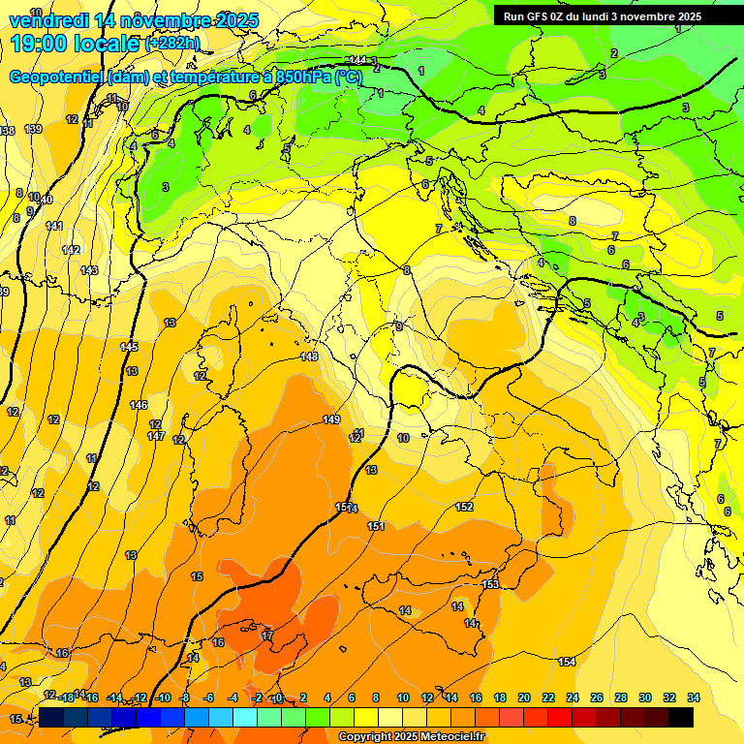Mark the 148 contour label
[309, 356]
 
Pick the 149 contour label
[331, 419]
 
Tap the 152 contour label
[464, 507]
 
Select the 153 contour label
[490, 584]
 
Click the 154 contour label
[567, 662]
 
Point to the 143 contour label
[89, 270]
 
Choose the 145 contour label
[129, 347]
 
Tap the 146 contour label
[139, 405]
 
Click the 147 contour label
[155, 436]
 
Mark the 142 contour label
[71, 250]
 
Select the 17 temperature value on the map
[267, 635]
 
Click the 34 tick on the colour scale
[694, 697]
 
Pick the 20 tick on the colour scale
[524, 697]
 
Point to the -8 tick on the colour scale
[184, 697]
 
